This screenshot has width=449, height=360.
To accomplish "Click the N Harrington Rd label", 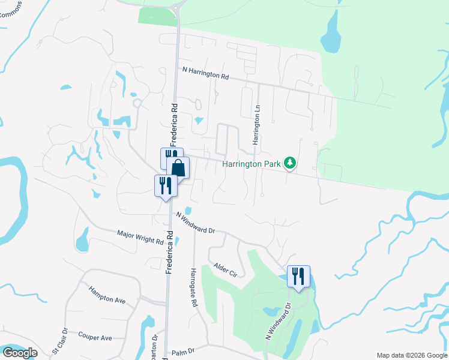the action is tap(206, 74).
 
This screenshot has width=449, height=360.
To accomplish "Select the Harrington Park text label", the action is tap(252, 163).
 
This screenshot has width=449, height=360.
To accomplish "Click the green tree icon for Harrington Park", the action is tap(290, 163).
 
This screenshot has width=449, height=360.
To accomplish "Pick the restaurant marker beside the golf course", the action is tap(298, 277).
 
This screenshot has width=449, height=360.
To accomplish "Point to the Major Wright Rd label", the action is tap(140, 236).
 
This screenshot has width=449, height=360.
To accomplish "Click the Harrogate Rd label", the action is tap(194, 287).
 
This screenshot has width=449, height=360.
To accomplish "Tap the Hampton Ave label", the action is tap(106, 294).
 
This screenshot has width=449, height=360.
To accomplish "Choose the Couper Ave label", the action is tap(95, 337).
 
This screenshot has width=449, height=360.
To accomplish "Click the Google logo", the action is tap(20, 353).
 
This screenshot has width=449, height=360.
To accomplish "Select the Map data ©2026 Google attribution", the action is tap(411, 355).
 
